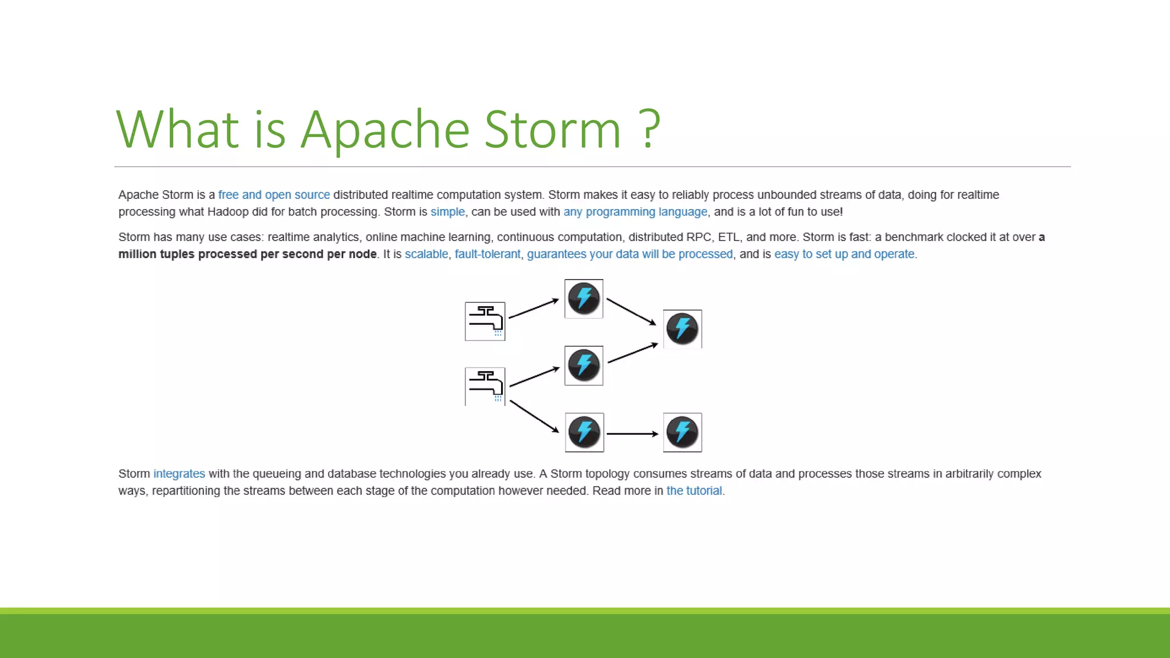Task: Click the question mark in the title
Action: tap(650, 130)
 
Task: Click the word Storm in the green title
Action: tap(552, 130)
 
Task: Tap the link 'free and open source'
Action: tap(274, 195)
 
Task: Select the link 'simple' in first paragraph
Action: tap(447, 212)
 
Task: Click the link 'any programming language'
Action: tap(635, 212)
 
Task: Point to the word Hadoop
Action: tap(228, 212)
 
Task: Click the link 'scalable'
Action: tap(426, 254)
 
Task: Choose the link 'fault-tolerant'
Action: tap(487, 254)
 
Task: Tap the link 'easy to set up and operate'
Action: tap(844, 254)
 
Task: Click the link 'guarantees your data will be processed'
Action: tap(630, 254)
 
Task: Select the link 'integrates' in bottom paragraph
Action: tap(179, 474)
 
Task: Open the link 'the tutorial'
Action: tap(694, 491)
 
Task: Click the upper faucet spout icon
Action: tap(485, 321)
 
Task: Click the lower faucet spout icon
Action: tap(485, 386)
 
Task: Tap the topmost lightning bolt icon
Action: tap(584, 299)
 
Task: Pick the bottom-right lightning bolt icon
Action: tap(682, 432)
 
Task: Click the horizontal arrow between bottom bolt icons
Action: tap(632, 434)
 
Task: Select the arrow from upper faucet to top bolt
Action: tap(533, 308)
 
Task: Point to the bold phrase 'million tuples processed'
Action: tap(188, 254)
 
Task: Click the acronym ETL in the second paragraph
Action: tap(728, 237)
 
